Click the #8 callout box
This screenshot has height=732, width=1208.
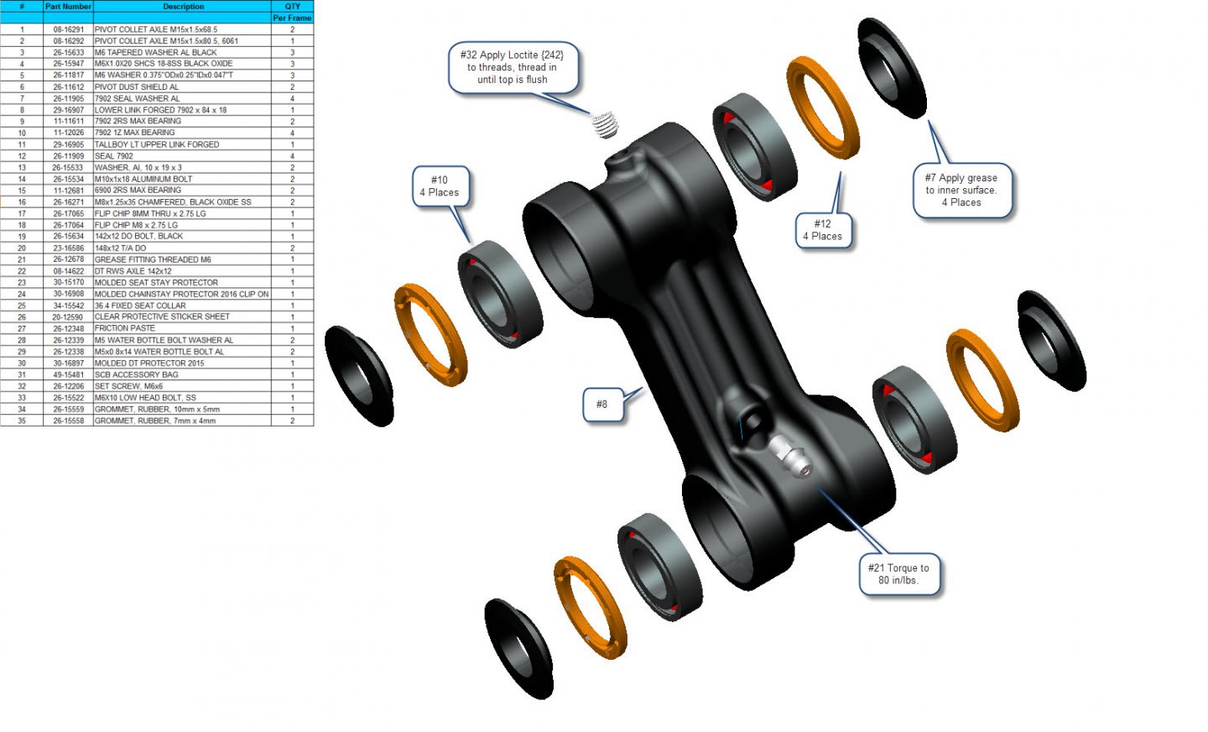[x=602, y=405]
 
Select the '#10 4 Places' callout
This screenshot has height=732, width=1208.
[x=440, y=186]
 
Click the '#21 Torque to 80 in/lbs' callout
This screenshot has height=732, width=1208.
[x=898, y=574]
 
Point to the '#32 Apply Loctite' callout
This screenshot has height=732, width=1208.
[x=513, y=67]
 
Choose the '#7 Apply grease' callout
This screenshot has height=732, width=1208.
[x=961, y=190]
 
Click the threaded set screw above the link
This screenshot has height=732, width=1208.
[x=605, y=125]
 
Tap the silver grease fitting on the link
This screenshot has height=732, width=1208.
[x=789, y=455]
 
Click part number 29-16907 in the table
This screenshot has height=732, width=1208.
[x=69, y=110]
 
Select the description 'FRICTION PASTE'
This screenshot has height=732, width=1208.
[x=124, y=328]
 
